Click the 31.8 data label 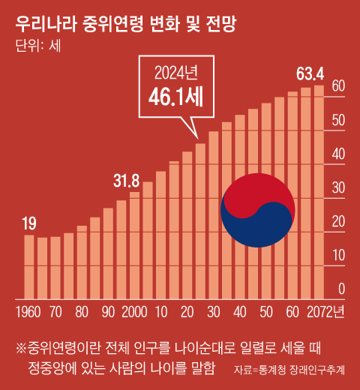[126, 181]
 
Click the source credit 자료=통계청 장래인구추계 [289, 370]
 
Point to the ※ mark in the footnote [20, 349]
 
